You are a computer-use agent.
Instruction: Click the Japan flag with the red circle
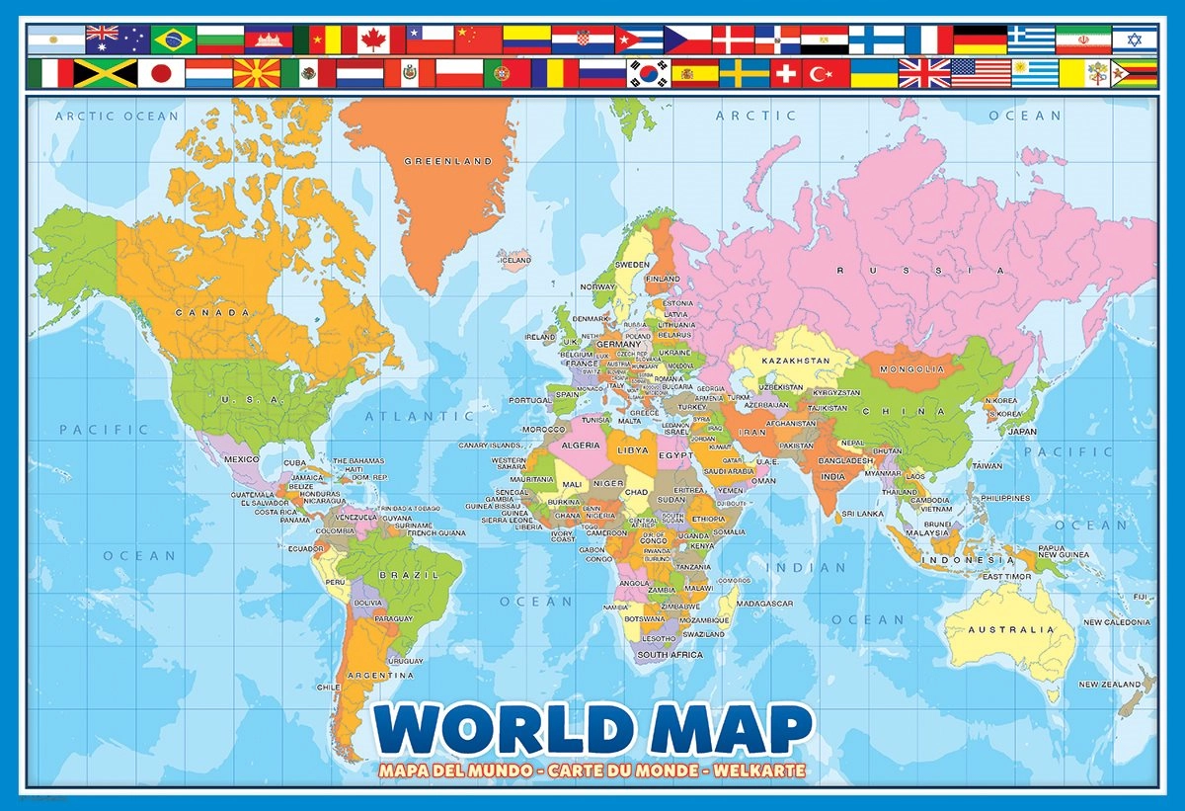(x=160, y=73)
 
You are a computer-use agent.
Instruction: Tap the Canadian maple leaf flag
(x=379, y=40)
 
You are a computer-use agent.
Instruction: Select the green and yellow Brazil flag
(x=172, y=40)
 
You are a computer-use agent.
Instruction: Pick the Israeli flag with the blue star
(x=1135, y=40)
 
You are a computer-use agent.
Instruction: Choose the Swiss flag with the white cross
(x=785, y=73)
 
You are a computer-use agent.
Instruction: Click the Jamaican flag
(x=105, y=73)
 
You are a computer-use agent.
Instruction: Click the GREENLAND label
(x=448, y=160)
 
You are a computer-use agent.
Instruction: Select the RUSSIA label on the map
(x=919, y=270)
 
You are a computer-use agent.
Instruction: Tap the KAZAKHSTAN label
(x=795, y=362)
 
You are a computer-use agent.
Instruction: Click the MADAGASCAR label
(x=764, y=604)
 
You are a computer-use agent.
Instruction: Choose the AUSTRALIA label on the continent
(x=1011, y=629)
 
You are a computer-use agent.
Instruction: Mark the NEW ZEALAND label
(x=1110, y=685)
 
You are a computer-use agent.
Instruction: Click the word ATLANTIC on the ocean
(x=407, y=417)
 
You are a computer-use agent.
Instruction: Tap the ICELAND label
(x=514, y=261)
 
